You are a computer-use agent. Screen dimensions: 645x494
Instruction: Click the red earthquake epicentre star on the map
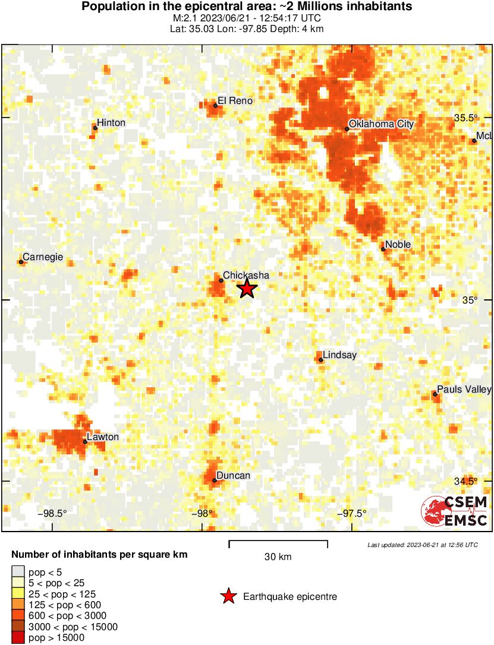point(247,289)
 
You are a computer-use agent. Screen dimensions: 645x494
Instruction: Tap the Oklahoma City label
point(380,124)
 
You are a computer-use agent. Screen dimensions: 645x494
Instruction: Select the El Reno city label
point(235,101)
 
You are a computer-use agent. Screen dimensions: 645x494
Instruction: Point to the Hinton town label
point(111,123)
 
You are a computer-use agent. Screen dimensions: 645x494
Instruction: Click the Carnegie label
point(43,257)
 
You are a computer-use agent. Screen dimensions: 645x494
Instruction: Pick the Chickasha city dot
point(221,280)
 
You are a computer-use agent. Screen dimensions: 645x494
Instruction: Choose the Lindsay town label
point(339,355)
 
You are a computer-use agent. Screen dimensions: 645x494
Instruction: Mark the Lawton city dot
point(86,442)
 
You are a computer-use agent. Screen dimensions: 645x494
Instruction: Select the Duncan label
point(233,476)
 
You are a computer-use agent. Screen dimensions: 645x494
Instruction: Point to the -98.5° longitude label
point(52,514)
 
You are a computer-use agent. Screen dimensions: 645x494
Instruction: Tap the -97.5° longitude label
point(352,514)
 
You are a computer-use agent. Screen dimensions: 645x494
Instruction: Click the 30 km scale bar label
point(278,557)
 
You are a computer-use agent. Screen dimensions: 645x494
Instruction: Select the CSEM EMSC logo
point(455,511)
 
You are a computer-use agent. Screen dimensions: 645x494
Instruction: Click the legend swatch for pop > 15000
point(18,638)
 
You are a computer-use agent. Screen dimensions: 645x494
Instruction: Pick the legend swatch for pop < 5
point(18,571)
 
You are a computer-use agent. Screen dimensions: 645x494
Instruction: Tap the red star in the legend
point(229,596)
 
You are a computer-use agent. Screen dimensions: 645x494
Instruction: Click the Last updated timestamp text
point(422,545)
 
